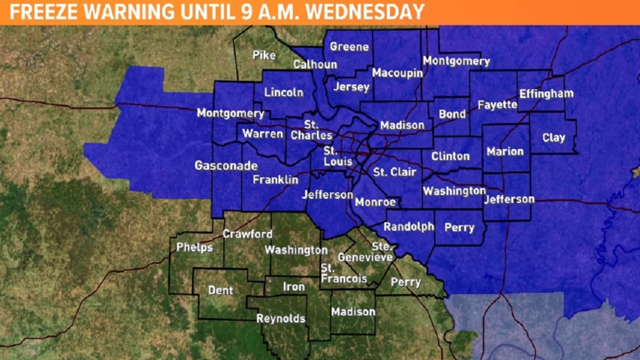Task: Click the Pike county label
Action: click(264, 55)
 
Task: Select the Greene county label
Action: click(349, 47)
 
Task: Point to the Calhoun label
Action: click(315, 65)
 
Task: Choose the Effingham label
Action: click(546, 94)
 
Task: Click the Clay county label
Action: click(554, 138)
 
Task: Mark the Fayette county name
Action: click(497, 104)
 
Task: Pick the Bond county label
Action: click(452, 114)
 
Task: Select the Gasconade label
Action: click(226, 166)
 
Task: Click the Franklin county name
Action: click(275, 180)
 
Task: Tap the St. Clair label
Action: click(395, 172)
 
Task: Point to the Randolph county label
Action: click(409, 227)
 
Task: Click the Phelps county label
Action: click(194, 247)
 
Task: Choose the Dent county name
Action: click(221, 290)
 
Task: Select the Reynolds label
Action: click(281, 318)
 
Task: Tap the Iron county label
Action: click(294, 287)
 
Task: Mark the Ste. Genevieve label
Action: click(365, 252)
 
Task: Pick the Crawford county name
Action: click(247, 234)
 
